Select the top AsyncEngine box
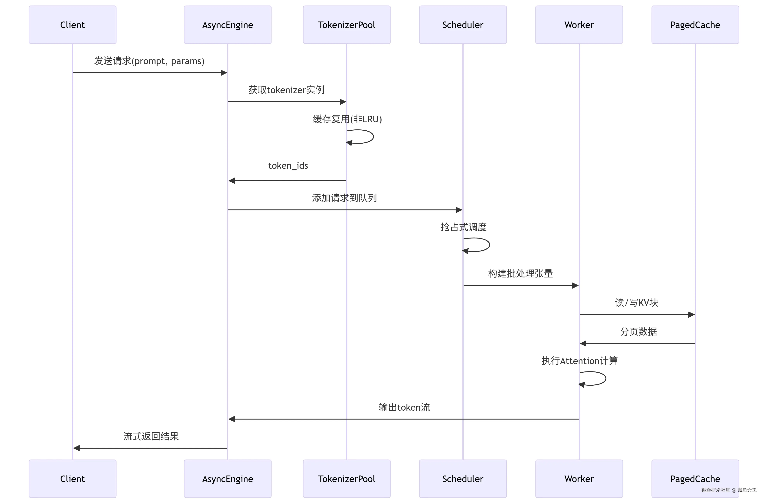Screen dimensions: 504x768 [x=228, y=25]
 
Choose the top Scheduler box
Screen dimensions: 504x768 [x=463, y=25]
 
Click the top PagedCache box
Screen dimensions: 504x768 [x=695, y=25]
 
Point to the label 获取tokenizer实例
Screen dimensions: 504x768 [x=286, y=90]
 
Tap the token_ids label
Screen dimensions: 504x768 [x=288, y=166]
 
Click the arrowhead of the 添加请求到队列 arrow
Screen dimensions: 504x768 [x=459, y=210]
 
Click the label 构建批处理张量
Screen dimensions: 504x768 [x=520, y=273]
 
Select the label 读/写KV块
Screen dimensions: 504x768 [x=636, y=302]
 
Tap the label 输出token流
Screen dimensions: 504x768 [x=404, y=407]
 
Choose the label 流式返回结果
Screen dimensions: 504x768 [x=151, y=436]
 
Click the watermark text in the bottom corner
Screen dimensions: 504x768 [x=729, y=490]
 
